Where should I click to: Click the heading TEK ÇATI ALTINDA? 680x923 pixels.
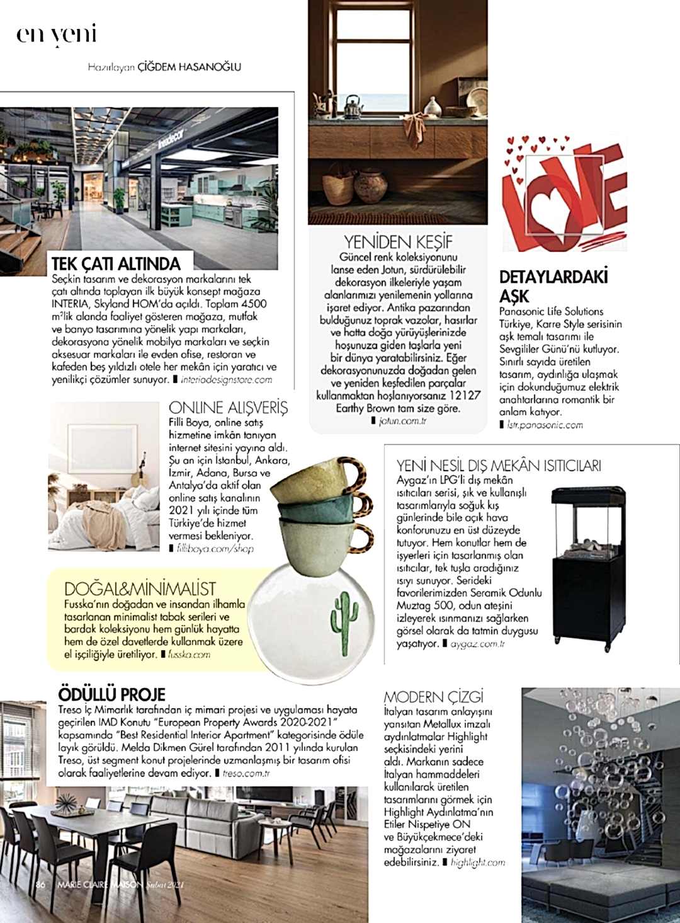[x=116, y=263]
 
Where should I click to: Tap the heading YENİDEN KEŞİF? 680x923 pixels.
[x=398, y=242]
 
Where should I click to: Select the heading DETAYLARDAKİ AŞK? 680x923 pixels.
[x=553, y=286]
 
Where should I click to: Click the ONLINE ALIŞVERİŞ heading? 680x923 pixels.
[x=228, y=407]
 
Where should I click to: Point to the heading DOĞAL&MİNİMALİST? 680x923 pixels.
[x=140, y=589]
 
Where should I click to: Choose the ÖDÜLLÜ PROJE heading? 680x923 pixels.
[x=111, y=694]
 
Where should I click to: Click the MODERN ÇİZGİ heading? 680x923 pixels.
[x=434, y=697]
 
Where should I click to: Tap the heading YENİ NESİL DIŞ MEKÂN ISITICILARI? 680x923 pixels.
[x=499, y=466]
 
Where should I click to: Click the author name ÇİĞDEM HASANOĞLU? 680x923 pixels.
[x=189, y=66]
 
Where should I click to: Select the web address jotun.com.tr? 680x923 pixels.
[x=403, y=421]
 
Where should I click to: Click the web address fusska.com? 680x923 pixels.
[x=189, y=655]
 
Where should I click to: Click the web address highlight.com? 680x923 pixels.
[x=478, y=863]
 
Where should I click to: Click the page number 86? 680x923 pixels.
[x=41, y=884]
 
